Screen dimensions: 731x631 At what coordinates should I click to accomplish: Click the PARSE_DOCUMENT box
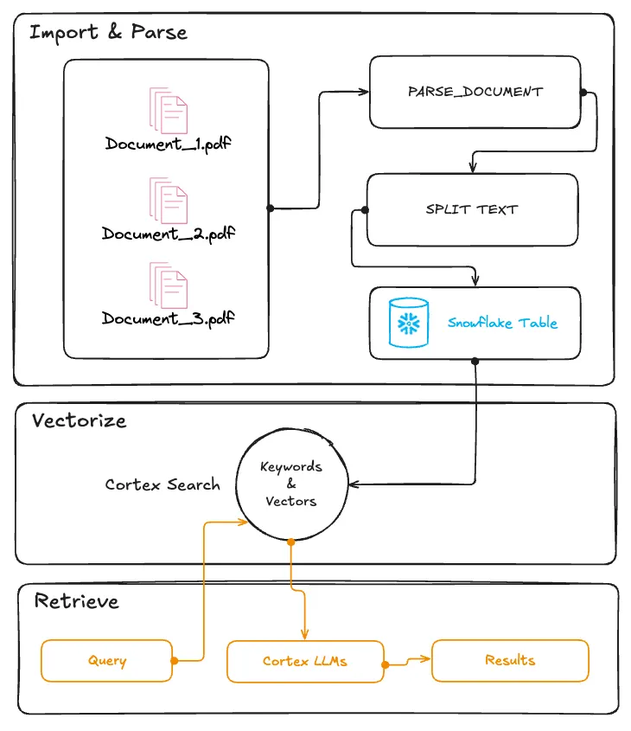475,92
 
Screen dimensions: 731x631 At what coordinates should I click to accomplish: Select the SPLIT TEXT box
472,209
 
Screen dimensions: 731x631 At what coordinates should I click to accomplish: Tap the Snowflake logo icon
409,323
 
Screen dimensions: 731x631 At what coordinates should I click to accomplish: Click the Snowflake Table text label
502,323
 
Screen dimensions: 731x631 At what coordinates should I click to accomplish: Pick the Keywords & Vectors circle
291,484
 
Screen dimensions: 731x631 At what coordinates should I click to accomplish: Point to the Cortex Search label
163,484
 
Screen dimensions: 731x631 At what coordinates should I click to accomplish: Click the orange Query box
107,661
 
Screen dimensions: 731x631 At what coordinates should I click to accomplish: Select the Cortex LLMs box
305,661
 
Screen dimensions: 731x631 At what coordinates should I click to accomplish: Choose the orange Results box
510,660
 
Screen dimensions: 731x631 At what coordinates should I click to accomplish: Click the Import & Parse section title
108,34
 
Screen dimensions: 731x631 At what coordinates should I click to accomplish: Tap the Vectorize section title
80,421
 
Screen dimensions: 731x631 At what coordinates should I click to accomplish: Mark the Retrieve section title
76,601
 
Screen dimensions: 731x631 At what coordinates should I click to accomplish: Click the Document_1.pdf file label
169,144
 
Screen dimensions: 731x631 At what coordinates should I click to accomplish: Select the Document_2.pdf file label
169,234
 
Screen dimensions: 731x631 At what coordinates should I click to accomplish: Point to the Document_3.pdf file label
169,318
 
